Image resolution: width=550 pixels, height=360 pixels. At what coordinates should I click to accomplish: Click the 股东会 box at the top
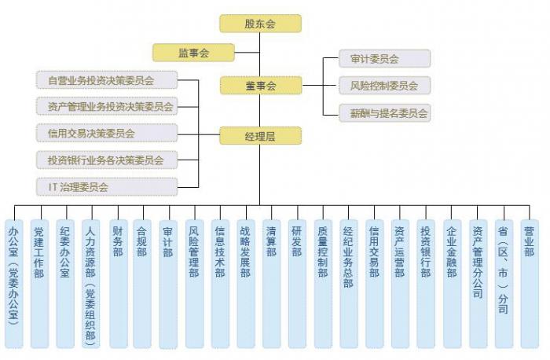tap(259, 24)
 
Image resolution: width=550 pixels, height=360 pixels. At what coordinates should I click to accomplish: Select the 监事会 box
tap(193, 53)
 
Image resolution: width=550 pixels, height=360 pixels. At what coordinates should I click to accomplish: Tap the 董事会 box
tap(259, 85)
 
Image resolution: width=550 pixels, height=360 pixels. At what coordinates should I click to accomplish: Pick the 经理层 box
tap(259, 136)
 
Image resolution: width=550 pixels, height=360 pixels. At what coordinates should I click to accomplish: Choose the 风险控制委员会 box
tap(383, 86)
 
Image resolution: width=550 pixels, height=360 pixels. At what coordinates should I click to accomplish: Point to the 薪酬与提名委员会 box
tap(384, 113)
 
